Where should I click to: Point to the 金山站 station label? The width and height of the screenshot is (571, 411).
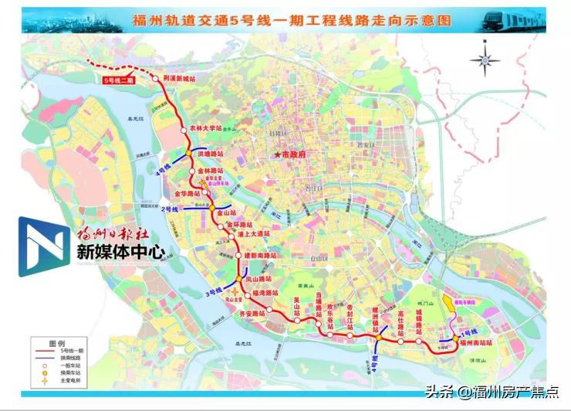tap(225, 209)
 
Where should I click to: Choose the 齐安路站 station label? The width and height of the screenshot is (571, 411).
tap(251, 314)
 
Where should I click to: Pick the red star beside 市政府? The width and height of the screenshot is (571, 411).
tap(276, 155)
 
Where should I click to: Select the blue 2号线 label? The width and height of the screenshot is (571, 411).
tap(170, 209)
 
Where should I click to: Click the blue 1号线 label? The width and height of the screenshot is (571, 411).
tap(469, 331)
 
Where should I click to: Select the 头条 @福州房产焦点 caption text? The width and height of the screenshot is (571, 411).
tap(498, 392)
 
